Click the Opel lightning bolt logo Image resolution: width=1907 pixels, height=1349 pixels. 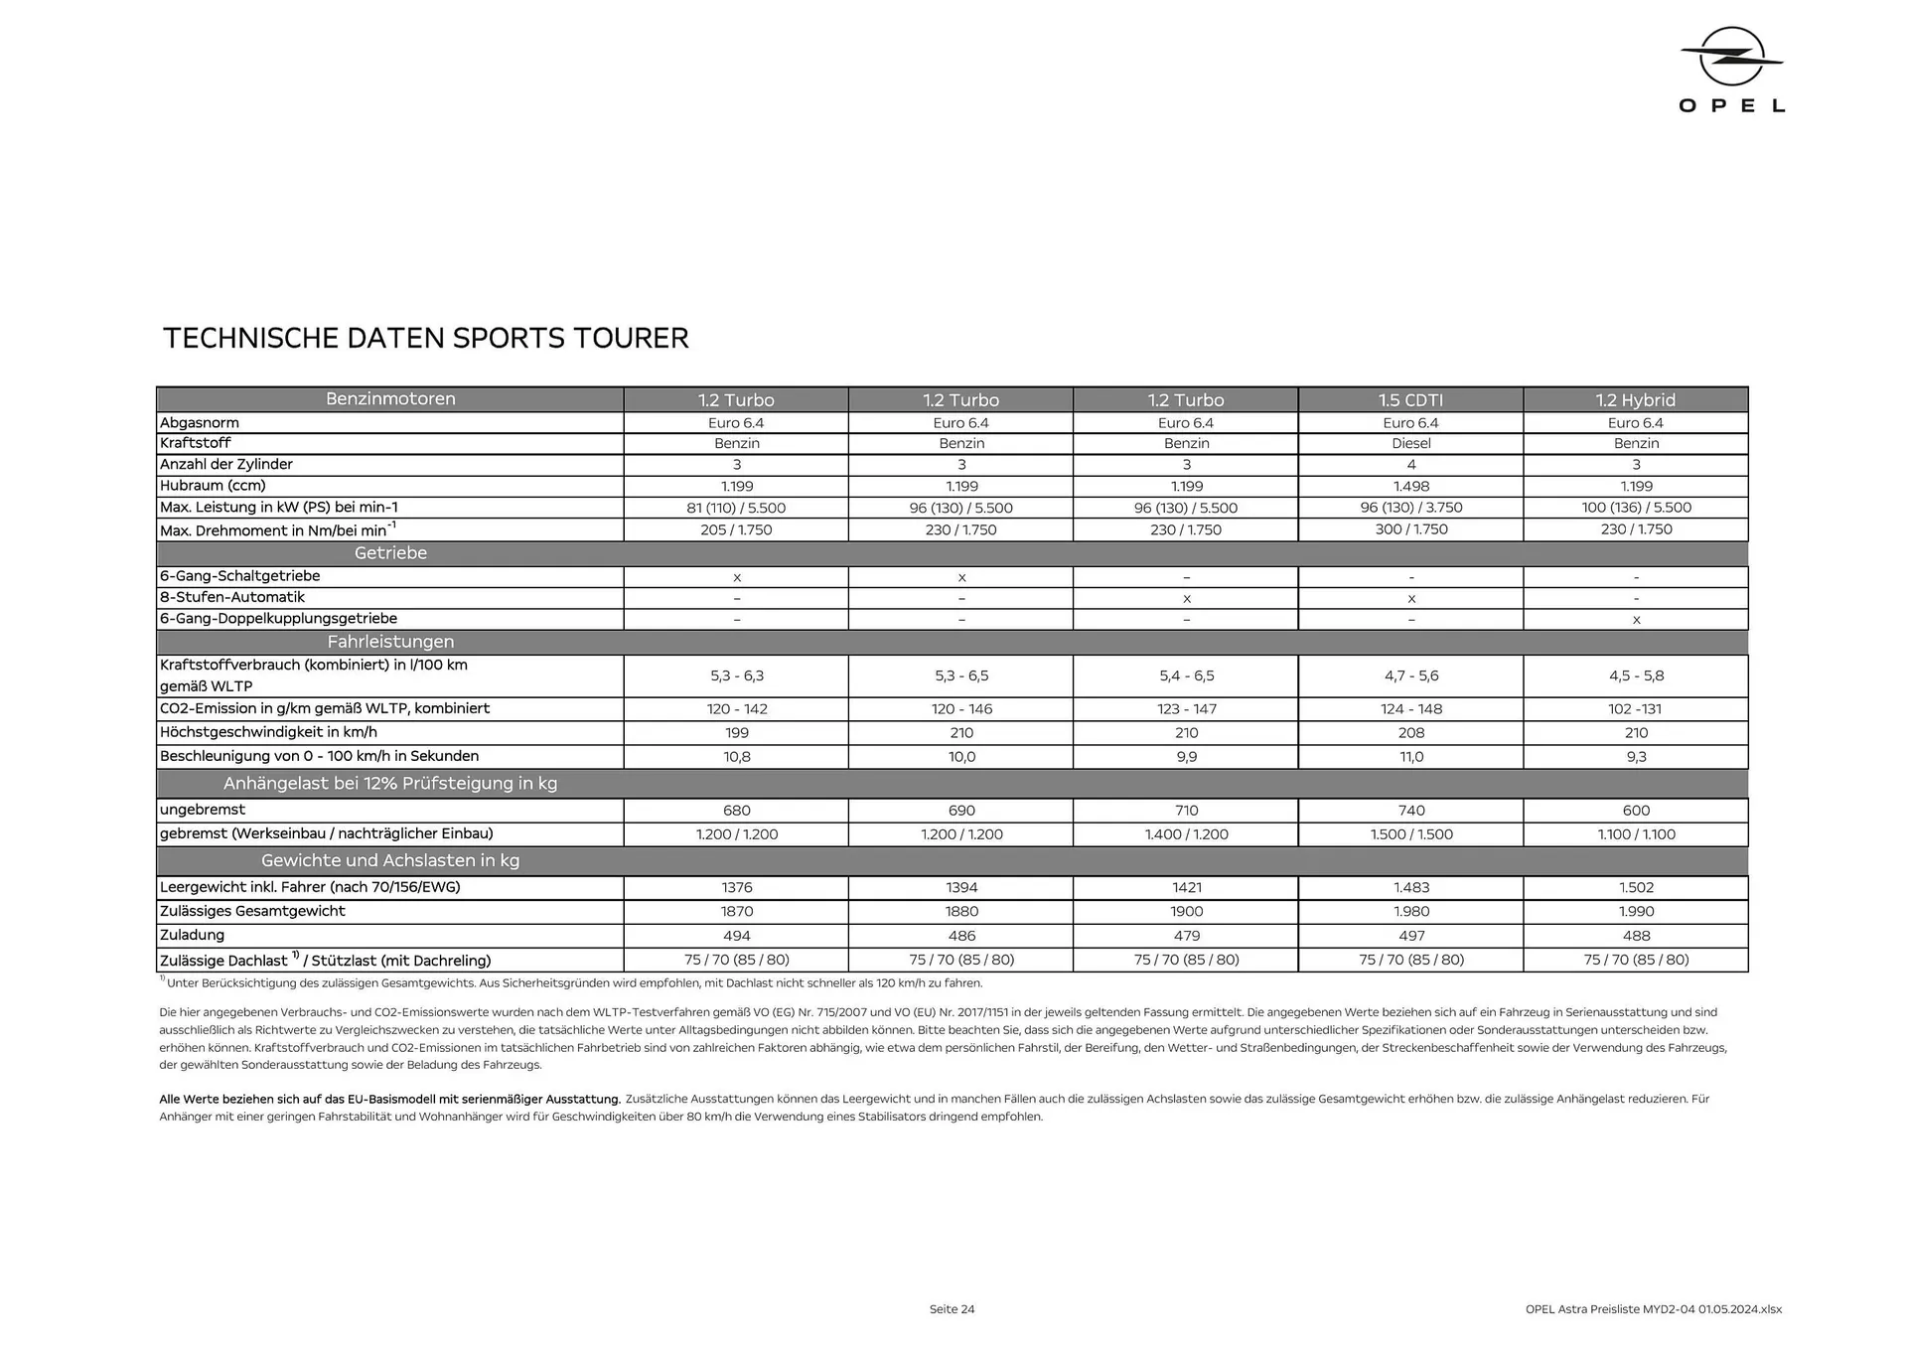point(1731,56)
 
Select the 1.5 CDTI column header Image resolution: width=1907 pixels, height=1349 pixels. point(1410,400)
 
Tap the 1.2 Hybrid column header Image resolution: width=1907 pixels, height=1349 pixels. point(1635,400)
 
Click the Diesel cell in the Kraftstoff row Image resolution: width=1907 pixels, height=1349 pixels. point(1410,443)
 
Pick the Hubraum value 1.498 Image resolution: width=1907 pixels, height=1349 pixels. point(1410,487)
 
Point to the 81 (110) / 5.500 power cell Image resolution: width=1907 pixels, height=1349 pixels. point(736,508)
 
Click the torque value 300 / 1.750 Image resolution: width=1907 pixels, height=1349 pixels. point(1410,529)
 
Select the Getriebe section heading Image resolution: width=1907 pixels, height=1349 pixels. point(390,553)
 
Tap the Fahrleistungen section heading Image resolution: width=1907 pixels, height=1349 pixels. point(390,642)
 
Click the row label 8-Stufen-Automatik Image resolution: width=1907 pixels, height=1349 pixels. point(232,597)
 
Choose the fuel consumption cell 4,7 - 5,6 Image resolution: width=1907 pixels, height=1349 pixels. point(1410,675)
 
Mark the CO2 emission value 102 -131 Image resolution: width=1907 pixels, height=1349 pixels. point(1635,709)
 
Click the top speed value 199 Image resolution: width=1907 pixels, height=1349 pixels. point(736,733)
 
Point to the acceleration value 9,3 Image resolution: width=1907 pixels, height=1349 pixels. point(1635,757)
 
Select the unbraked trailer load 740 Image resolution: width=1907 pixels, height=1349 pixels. point(1410,811)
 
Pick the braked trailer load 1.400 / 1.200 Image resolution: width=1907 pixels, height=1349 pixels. point(1186,834)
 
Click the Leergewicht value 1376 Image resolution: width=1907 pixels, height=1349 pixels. point(736,888)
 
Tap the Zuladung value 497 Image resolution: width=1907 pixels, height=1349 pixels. point(1410,936)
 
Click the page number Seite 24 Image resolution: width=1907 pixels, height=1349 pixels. point(952,1309)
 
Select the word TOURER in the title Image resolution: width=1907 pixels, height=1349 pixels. point(630,339)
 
